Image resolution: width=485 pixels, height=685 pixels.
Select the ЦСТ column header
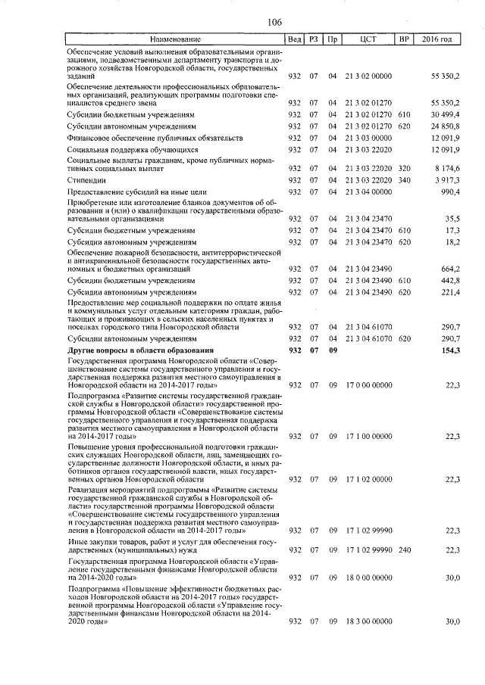point(368,39)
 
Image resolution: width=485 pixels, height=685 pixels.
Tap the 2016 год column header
point(438,39)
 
